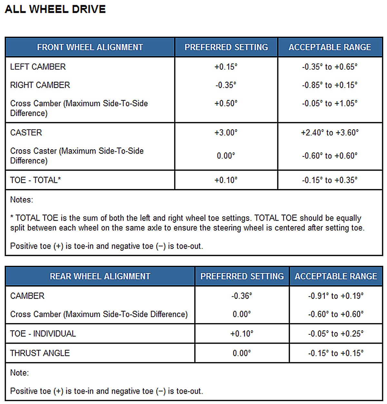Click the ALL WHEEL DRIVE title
click(x=55, y=9)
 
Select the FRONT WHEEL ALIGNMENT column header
click(x=90, y=47)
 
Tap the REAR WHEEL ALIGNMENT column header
click(x=100, y=276)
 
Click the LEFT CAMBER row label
click(x=38, y=67)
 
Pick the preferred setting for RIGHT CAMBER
click(x=226, y=85)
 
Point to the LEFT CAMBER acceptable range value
click(x=330, y=67)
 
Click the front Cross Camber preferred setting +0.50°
click(x=226, y=103)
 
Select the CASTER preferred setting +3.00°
click(x=226, y=133)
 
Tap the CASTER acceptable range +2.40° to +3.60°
click(x=330, y=133)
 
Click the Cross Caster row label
click(x=77, y=155)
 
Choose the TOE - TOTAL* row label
click(x=35, y=180)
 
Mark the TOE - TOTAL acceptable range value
click(x=330, y=180)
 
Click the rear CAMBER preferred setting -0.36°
click(x=242, y=296)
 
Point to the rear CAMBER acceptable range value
click(x=336, y=296)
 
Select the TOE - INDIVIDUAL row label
click(x=43, y=334)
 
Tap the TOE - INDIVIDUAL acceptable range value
click(x=336, y=334)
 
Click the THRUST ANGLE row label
click(x=40, y=353)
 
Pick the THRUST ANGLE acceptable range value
click(x=336, y=353)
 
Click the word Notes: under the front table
click(x=22, y=200)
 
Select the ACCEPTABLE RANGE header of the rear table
click(x=336, y=276)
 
